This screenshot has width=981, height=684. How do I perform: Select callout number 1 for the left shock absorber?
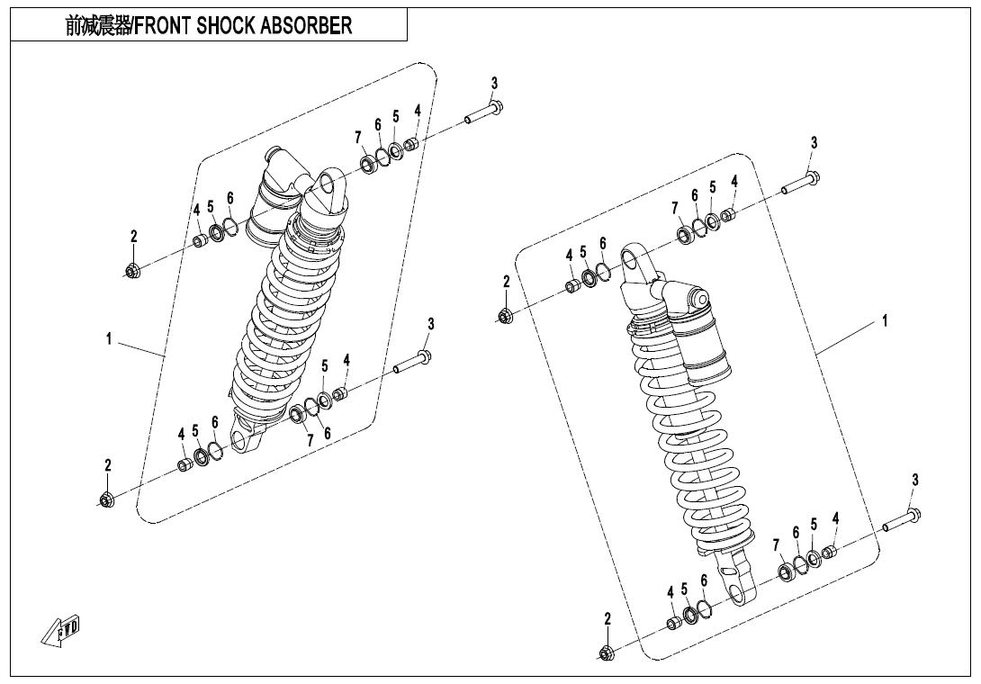point(109,339)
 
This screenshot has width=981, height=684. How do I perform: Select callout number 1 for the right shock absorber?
point(886,320)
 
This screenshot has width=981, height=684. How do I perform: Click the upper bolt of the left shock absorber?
point(483,112)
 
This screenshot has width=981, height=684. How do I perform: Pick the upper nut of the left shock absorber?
point(132,270)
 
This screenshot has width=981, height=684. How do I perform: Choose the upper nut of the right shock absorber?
point(505,316)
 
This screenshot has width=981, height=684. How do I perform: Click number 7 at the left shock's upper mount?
point(358,137)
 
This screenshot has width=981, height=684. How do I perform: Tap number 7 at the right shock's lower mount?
point(776,545)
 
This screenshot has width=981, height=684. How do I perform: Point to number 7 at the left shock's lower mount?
point(310,441)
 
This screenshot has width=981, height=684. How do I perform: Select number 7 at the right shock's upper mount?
point(675,208)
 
